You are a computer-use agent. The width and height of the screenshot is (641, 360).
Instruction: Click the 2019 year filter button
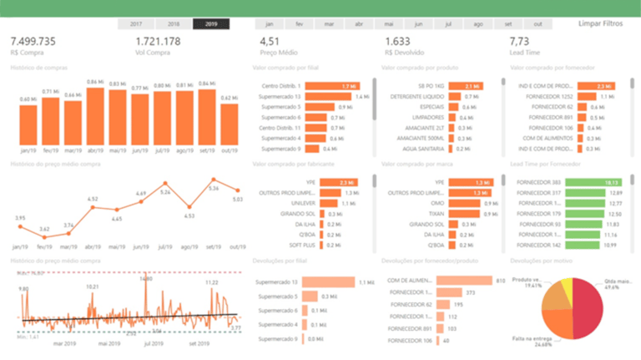tap(211, 24)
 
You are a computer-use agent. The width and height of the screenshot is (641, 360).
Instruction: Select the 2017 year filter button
tap(136, 24)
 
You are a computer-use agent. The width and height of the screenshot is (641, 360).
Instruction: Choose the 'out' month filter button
tap(538, 24)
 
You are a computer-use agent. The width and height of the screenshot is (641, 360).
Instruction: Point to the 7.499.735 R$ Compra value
tap(33, 41)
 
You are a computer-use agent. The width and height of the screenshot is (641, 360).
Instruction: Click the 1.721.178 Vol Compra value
tap(159, 41)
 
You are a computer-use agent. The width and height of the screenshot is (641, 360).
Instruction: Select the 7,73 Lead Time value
tap(519, 41)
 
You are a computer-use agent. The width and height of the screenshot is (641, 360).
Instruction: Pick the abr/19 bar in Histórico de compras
tap(96, 115)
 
